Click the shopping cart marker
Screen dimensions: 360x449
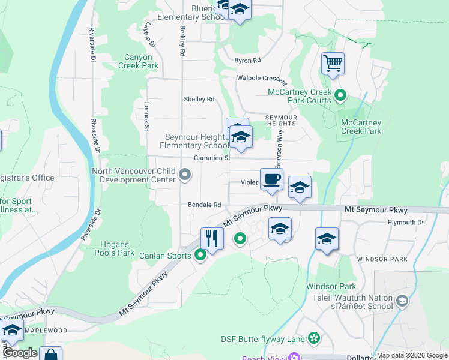(333, 63)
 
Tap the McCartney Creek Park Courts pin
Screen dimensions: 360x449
(340, 95)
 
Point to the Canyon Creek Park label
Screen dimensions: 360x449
(142, 61)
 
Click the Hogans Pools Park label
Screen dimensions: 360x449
(114, 248)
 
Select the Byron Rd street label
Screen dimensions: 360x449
(247, 61)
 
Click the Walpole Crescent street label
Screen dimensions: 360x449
(262, 79)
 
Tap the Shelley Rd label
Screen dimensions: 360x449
(199, 99)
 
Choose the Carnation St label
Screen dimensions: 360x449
(212, 158)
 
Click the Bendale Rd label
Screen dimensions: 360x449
(205, 205)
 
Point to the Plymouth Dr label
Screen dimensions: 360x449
(406, 223)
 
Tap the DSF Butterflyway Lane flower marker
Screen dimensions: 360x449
(313, 339)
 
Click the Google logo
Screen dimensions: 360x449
(19, 353)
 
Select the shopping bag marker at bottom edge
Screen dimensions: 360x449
(51, 355)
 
